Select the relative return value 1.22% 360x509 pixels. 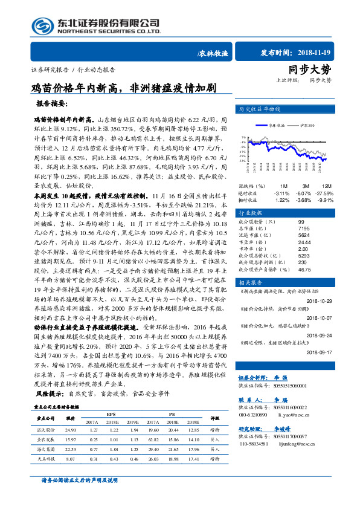click(281, 199)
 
